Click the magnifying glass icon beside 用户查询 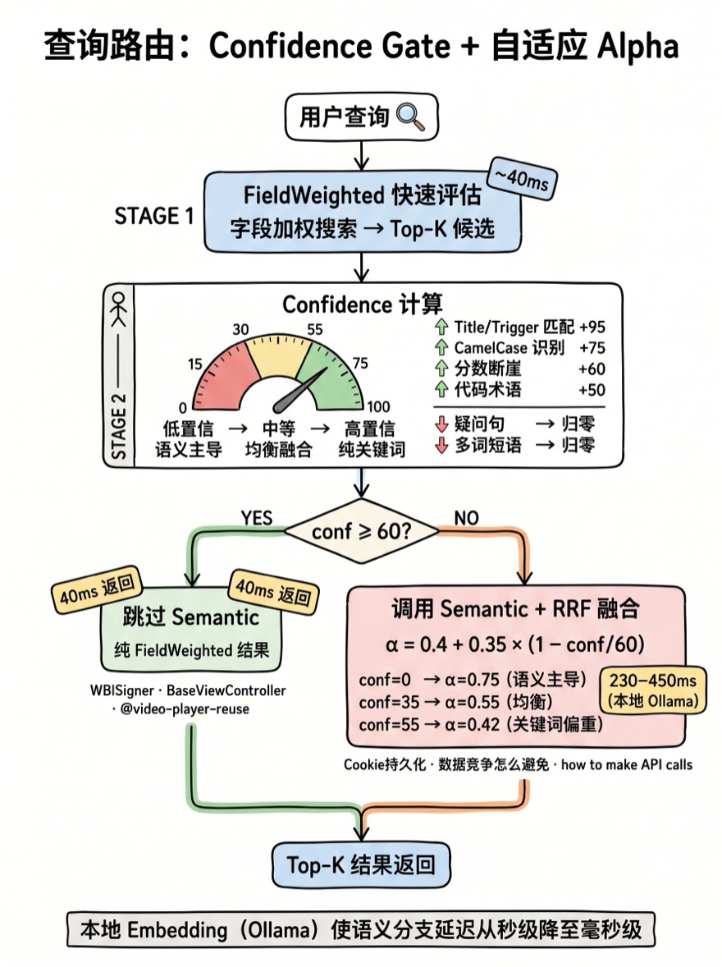(x=411, y=117)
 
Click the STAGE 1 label (x=154, y=217)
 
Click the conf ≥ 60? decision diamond (x=361, y=531)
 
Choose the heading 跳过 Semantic (x=190, y=616)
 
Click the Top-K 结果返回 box (x=361, y=864)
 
